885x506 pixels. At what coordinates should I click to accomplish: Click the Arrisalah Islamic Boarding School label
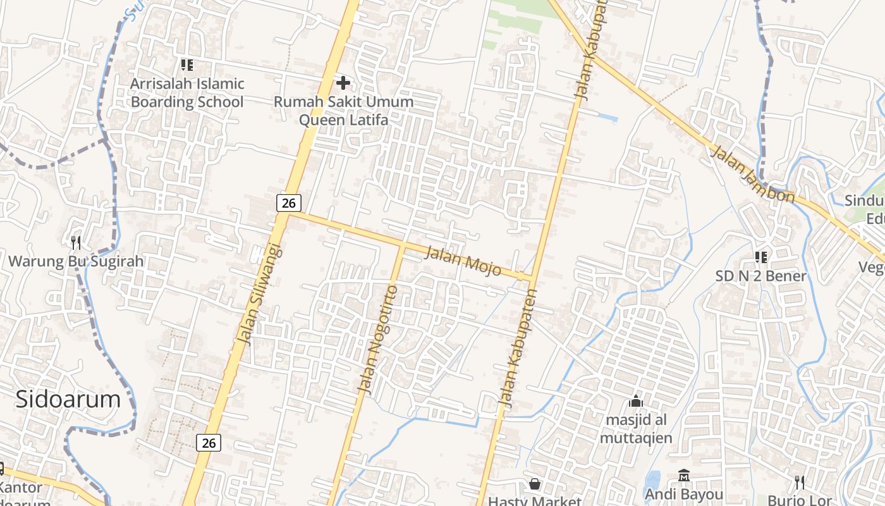[187, 92]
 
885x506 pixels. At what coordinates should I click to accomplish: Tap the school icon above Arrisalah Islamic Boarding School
[186, 65]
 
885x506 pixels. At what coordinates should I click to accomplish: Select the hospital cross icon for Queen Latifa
[343, 82]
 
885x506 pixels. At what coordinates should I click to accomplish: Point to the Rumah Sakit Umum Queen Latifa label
[343, 111]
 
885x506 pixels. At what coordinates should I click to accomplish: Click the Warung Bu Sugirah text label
[76, 261]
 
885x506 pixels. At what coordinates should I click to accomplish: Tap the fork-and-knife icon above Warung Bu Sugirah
[76, 242]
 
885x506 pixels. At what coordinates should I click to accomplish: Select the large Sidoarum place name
[68, 399]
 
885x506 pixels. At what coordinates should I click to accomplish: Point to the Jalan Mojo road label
[463, 261]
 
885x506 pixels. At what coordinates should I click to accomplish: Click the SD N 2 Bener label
[761, 276]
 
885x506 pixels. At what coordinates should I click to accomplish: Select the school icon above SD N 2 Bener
[761, 257]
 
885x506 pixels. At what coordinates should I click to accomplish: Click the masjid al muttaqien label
[636, 429]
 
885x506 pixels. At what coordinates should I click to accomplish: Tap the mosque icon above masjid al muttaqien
[636, 401]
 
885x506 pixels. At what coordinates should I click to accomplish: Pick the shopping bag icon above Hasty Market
[535, 484]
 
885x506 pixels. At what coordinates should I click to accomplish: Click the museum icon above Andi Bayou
[684, 475]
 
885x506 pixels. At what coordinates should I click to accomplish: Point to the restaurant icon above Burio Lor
[800, 483]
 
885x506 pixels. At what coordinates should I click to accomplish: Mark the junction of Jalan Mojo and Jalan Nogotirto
[402, 244]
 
